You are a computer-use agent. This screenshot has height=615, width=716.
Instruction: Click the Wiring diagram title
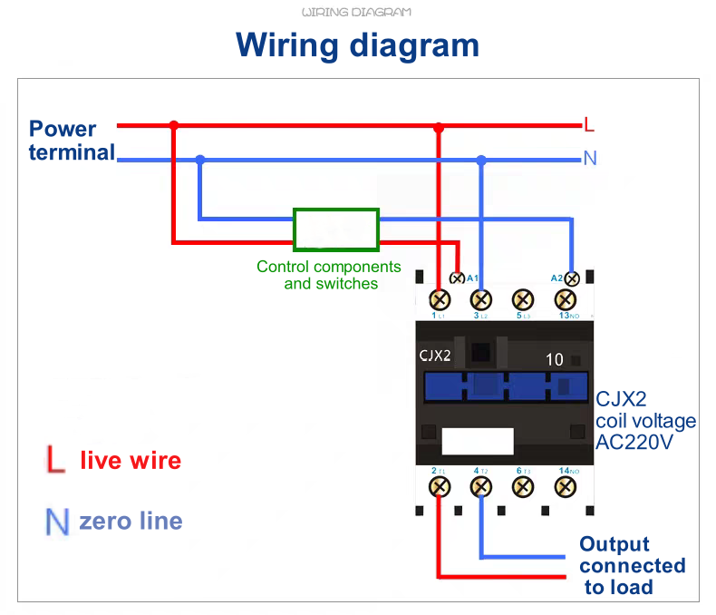pyautogui.click(x=357, y=44)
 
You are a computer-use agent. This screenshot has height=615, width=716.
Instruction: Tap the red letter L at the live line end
pyautogui.click(x=589, y=124)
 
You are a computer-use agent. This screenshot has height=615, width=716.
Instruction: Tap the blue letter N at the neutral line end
pyautogui.click(x=590, y=159)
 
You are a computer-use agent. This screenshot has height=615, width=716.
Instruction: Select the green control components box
pyautogui.click(x=335, y=229)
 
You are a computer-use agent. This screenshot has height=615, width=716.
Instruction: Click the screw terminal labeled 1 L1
pyautogui.click(x=440, y=299)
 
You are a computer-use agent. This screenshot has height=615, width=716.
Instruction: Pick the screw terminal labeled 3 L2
pyautogui.click(x=481, y=299)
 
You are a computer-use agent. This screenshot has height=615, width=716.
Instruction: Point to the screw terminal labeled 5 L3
pyautogui.click(x=523, y=299)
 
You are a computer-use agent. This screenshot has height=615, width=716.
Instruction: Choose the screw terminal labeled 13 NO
pyautogui.click(x=566, y=299)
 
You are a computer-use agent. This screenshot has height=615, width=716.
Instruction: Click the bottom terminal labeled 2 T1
pyautogui.click(x=440, y=487)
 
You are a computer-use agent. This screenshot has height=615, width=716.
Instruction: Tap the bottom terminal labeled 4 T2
pyautogui.click(x=481, y=487)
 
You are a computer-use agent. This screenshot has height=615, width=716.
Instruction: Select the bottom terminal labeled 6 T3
pyautogui.click(x=523, y=487)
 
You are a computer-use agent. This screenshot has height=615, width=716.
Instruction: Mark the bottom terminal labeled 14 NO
pyautogui.click(x=566, y=487)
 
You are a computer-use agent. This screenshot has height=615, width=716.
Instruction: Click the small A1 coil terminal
pyautogui.click(x=459, y=278)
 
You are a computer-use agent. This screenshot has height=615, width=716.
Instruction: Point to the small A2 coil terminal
pyautogui.click(x=572, y=278)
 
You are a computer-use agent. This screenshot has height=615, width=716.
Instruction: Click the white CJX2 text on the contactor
pyautogui.click(x=435, y=356)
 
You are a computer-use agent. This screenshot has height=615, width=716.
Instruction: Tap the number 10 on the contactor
pyautogui.click(x=554, y=360)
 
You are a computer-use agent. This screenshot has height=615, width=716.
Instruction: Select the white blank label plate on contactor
pyautogui.click(x=478, y=441)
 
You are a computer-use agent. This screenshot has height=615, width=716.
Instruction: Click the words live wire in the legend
pyautogui.click(x=131, y=461)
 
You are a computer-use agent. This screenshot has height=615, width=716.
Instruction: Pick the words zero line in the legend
pyautogui.click(x=131, y=522)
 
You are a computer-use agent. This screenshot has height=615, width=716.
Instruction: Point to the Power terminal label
pyautogui.click(x=70, y=141)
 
